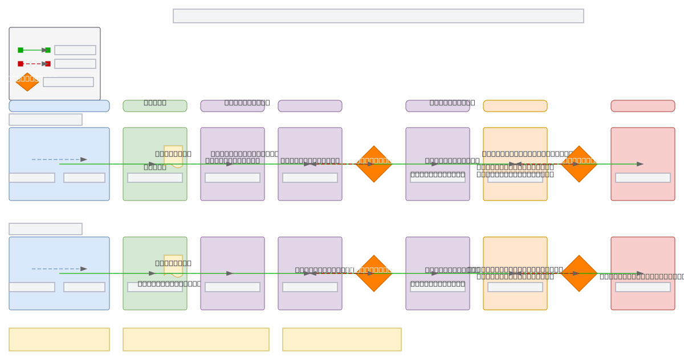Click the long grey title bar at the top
pyautogui.click(x=378, y=16)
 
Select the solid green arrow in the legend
pyautogui.click(x=34, y=50)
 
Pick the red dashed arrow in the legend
pyautogui.click(x=34, y=64)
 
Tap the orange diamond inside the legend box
pyautogui.click(x=27, y=81)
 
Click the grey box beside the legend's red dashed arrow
pyautogui.click(x=75, y=64)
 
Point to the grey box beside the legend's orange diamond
pyautogui.click(x=68, y=82)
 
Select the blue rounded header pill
pyautogui.click(x=59, y=106)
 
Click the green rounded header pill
pyautogui.click(x=155, y=106)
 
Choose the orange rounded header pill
pyautogui.click(x=515, y=106)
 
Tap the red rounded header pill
pyautogui.click(x=643, y=106)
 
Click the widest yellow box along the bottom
pyautogui.click(x=196, y=339)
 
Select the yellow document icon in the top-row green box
pyautogui.click(x=173, y=157)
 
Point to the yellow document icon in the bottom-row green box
pyautogui.click(x=173, y=266)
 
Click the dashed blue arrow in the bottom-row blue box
pyautogui.click(x=59, y=269)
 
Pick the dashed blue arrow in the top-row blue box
pyautogui.click(x=59, y=159)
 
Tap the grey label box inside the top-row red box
pyautogui.click(x=643, y=178)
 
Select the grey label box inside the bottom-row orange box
pyautogui.click(x=515, y=287)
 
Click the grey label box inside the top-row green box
pyautogui.click(x=155, y=178)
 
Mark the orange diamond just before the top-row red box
pyautogui.click(x=579, y=164)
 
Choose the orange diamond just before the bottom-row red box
pyautogui.click(x=579, y=273)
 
